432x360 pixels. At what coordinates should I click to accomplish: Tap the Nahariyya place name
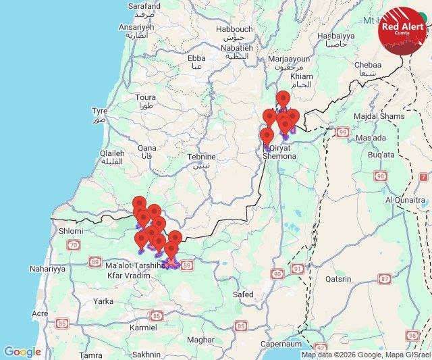[47, 269]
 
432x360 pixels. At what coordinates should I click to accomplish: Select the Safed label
[243, 294]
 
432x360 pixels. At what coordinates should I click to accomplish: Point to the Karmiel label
[142, 328]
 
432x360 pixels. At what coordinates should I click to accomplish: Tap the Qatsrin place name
[338, 278]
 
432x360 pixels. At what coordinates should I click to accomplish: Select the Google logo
[22, 352]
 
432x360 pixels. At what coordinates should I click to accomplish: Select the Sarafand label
[144, 6]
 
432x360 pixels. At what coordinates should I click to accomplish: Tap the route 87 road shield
[385, 278]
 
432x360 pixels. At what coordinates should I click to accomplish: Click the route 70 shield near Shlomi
[73, 244]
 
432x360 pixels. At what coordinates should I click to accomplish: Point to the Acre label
[40, 313]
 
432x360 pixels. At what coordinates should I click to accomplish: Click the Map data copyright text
[365, 355]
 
